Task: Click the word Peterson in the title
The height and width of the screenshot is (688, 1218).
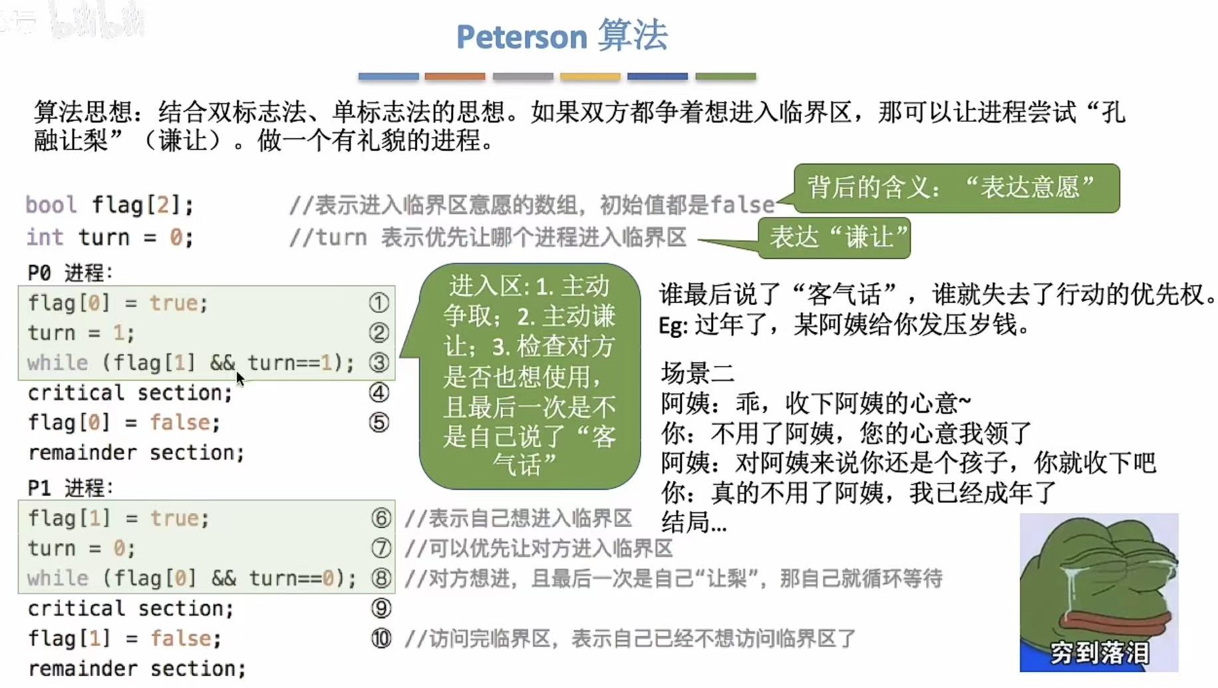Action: coord(522,37)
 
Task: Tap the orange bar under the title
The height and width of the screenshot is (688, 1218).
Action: coord(455,77)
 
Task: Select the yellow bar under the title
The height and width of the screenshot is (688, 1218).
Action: coord(590,77)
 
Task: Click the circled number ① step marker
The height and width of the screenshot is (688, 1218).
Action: coord(379,303)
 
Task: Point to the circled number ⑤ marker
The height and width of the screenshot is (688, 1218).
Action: coord(379,423)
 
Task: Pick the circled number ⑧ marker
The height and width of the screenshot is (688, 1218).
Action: coord(381,578)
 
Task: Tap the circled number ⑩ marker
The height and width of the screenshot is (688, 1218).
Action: coord(381,639)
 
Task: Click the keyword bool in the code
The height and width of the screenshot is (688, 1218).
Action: coord(51,205)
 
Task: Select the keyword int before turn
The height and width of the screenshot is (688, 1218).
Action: coord(45,237)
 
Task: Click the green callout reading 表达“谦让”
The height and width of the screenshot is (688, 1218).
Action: coord(835,237)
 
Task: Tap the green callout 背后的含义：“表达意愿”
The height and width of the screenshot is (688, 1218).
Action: coord(955,188)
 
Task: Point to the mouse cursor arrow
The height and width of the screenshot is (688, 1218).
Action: coord(239,378)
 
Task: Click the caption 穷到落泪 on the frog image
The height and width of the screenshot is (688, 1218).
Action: coord(1099,652)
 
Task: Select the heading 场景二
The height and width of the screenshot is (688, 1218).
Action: coord(697,373)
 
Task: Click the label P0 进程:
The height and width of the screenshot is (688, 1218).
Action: coord(70,273)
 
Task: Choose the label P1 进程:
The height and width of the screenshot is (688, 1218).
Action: coord(70,488)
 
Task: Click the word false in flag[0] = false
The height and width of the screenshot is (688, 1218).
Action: coord(184,423)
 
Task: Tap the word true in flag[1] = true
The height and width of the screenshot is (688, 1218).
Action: coord(179,518)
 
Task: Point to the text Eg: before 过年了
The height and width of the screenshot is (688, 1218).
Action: coord(673,326)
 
